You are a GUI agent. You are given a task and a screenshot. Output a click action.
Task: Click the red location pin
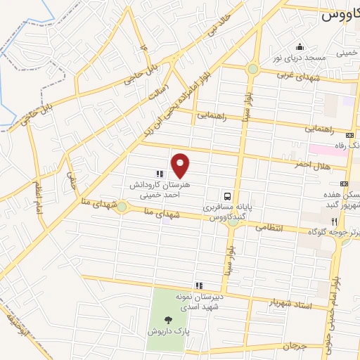point(181,166)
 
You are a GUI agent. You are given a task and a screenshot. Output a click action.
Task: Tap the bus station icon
point(227,196)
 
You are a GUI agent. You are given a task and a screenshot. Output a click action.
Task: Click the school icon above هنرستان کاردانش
point(160,172)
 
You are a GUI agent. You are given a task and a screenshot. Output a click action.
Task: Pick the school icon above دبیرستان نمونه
point(199,285)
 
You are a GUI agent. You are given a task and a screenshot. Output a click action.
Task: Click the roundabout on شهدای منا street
point(122,207)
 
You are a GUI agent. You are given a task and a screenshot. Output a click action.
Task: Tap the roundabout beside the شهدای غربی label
point(252,69)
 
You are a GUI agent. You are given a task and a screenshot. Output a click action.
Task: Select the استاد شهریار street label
point(290,303)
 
